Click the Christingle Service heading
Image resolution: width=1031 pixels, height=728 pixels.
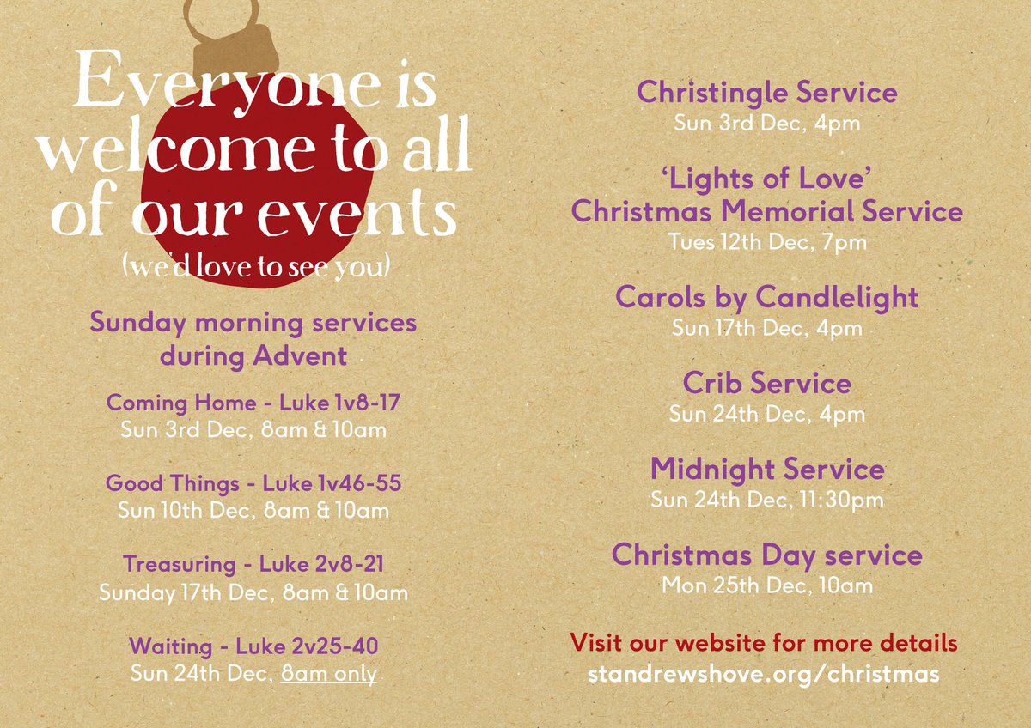tap(766, 93)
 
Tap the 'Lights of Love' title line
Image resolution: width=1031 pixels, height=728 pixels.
tap(766, 179)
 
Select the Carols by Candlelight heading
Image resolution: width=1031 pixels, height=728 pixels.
tap(766, 298)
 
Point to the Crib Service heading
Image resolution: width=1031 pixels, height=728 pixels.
tap(766, 383)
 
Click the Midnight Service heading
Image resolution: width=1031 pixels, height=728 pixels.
tap(766, 469)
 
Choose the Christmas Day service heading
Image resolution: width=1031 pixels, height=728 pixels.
tap(766, 555)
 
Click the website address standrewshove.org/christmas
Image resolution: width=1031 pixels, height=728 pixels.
tap(763, 674)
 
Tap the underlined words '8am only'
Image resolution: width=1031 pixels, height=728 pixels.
tap(329, 674)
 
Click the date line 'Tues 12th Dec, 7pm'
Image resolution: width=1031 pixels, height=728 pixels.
tap(767, 243)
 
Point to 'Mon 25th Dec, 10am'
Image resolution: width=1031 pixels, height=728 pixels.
tap(766, 586)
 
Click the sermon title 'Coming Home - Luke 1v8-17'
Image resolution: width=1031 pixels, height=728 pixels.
tap(253, 403)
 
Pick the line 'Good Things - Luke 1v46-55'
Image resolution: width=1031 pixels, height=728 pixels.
tap(253, 483)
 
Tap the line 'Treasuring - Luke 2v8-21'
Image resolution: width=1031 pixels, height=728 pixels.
tap(253, 565)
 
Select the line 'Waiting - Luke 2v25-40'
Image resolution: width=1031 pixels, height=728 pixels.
tap(253, 646)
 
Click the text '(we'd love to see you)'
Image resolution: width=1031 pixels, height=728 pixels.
tap(256, 267)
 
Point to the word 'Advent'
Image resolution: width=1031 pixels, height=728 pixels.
tap(301, 356)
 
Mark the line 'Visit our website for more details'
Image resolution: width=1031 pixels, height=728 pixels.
tap(763, 642)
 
